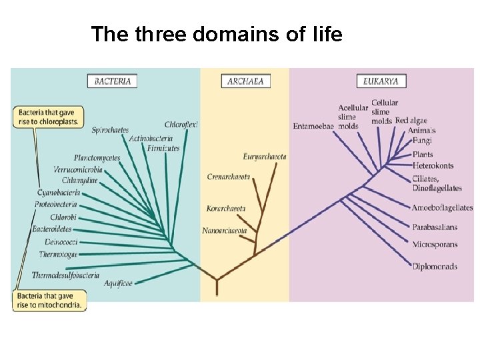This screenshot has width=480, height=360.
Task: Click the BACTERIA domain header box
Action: (113, 81)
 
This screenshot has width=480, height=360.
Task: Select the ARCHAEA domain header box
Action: (245, 81)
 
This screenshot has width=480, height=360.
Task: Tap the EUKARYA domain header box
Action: (381, 81)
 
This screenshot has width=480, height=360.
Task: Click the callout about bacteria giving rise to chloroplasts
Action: (48, 117)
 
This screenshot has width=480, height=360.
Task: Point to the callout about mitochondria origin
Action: (49, 301)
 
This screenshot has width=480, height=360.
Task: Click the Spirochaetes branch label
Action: (110, 130)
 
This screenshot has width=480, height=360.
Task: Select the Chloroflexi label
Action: (181, 125)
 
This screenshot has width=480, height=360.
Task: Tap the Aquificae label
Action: (118, 283)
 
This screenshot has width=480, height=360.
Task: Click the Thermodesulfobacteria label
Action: (65, 275)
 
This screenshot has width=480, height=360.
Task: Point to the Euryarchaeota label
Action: (265, 157)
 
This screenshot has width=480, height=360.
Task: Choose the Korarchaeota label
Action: (226, 209)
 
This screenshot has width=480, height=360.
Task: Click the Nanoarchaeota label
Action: (225, 231)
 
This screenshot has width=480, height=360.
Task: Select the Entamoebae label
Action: (313, 126)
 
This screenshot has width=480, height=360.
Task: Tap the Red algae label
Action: (411, 121)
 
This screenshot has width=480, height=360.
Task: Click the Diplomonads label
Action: (435, 267)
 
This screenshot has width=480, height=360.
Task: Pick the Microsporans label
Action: (435, 245)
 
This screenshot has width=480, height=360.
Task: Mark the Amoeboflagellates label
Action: (442, 208)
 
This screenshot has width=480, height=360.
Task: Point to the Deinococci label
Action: (62, 241)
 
